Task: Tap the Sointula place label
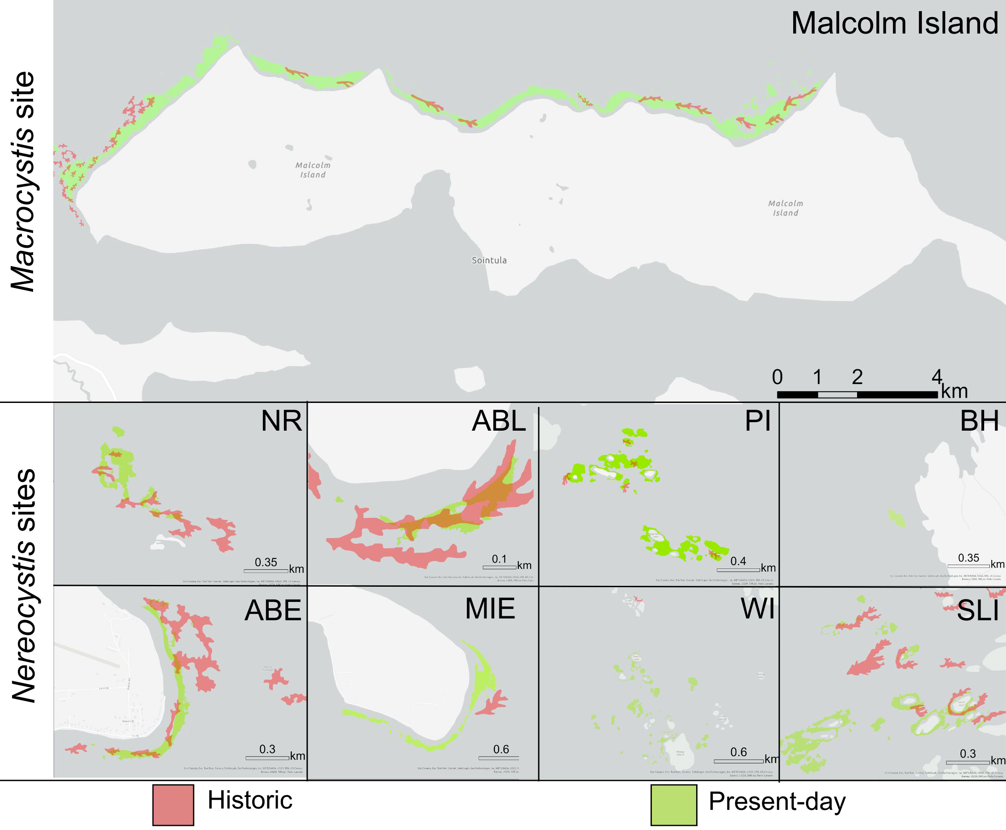click(489, 260)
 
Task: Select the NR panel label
click(281, 421)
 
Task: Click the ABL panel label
click(499, 421)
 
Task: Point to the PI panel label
click(757, 421)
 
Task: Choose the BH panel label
click(979, 421)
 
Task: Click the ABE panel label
click(272, 610)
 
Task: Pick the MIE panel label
click(490, 609)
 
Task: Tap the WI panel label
click(757, 609)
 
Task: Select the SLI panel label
click(978, 610)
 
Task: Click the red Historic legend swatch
click(173, 805)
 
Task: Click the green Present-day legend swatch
click(673, 805)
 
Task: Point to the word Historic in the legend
click(249, 800)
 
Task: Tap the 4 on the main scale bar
click(936, 377)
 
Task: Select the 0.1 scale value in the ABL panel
click(499, 559)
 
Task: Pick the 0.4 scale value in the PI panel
click(738, 561)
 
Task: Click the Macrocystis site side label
click(23, 182)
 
